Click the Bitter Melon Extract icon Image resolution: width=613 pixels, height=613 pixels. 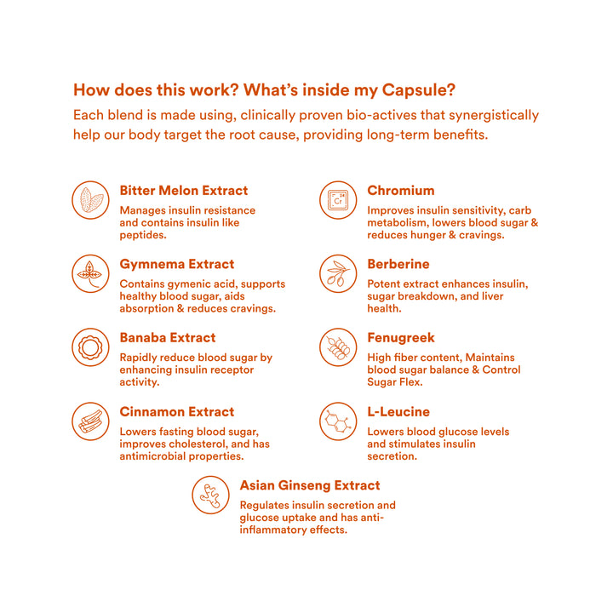pos(90,200)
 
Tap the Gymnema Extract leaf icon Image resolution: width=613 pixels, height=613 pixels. pos(90,273)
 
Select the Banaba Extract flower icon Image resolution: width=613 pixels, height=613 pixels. pos(90,347)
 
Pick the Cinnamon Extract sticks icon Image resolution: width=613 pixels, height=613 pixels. pos(90,421)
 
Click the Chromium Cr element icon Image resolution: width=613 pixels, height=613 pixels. pos(337,200)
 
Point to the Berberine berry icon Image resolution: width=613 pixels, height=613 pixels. pos(337,273)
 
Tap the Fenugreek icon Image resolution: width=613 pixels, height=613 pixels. pos(337,347)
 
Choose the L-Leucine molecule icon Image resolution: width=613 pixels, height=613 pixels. pos(337,421)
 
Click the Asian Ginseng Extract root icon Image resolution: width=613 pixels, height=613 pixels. pos(210,495)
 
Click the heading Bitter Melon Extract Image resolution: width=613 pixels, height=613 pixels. pos(184,191)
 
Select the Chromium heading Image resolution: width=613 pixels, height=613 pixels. pos(400,191)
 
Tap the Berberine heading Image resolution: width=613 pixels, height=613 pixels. pos(398,264)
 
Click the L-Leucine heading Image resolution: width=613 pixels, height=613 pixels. pos(398,412)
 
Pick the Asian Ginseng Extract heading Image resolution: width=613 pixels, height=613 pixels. pos(310,485)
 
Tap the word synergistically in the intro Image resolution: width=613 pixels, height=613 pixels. pos(490,115)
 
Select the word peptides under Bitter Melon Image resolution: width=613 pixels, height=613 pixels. pos(143,234)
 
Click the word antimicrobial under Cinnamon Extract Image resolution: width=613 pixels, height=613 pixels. pos(154,455)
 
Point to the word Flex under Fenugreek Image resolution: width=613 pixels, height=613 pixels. pos(410,382)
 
